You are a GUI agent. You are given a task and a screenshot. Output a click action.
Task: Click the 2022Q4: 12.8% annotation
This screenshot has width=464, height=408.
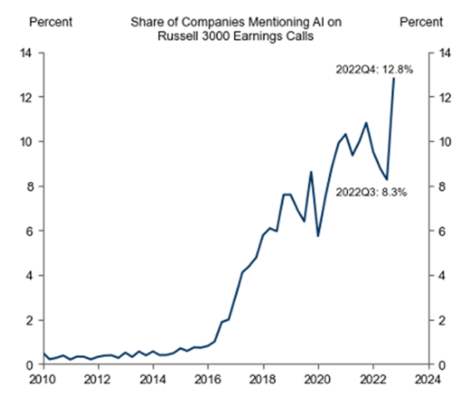(374, 70)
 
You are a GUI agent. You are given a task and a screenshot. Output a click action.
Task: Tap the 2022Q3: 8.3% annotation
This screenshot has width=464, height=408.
(370, 192)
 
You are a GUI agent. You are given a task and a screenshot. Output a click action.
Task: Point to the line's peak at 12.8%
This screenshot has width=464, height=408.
(393, 78)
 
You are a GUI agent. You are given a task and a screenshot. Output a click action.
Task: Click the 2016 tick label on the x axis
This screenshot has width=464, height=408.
(207, 379)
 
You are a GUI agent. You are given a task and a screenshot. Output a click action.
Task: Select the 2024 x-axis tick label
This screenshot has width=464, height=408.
(428, 379)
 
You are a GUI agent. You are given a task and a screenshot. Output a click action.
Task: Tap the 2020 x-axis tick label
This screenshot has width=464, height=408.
(317, 379)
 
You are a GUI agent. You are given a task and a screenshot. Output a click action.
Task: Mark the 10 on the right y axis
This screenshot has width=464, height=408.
(445, 142)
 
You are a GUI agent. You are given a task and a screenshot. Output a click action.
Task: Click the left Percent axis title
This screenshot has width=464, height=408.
(50, 22)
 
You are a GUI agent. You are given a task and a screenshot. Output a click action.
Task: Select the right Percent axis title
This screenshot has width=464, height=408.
(421, 22)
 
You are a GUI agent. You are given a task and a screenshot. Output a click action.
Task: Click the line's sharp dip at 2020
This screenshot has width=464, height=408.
(317, 235)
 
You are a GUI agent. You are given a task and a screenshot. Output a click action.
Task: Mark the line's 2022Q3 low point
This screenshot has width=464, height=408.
(387, 180)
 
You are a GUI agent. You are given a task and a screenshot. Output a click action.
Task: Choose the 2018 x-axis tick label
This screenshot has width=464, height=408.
(262, 379)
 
